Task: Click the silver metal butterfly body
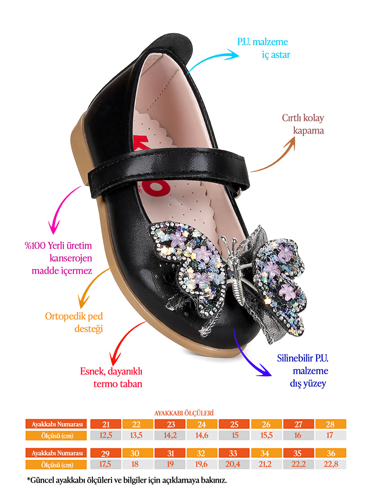(x=235, y=269)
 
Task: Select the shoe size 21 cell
(x=106, y=424)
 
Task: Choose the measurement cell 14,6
(x=202, y=435)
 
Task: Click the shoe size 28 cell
(x=330, y=424)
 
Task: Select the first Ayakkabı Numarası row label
(x=56, y=424)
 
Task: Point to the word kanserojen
(x=71, y=258)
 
